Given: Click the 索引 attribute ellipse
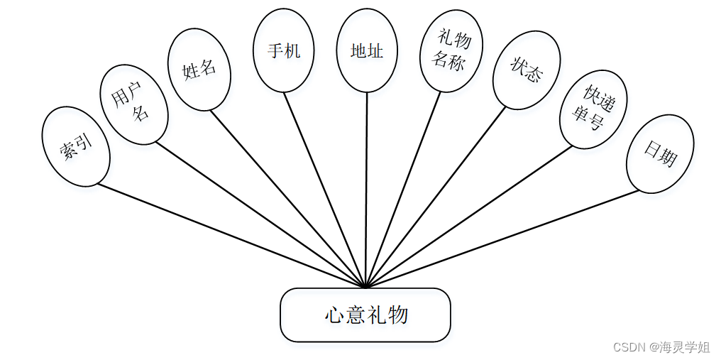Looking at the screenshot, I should click(76, 146).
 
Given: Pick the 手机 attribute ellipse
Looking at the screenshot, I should click(284, 50).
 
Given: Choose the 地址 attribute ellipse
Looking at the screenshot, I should click(367, 50).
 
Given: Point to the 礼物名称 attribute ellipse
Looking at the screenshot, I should click(451, 50).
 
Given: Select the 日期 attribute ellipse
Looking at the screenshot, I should click(660, 154).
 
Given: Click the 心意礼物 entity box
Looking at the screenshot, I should click(365, 315).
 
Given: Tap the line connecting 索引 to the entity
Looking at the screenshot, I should click(231, 236).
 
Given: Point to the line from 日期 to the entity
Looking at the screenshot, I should click(502, 239).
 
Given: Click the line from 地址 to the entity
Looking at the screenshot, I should click(366, 190).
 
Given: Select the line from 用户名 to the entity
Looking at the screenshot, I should click(260, 214).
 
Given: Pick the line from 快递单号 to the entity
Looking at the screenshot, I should click(468, 217).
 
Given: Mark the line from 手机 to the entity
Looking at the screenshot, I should click(325, 190).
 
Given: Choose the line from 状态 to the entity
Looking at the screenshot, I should click(436, 197).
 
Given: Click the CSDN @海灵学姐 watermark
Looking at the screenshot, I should click(661, 347).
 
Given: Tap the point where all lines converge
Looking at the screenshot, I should click(365, 287).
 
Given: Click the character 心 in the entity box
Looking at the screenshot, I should click(335, 315).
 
